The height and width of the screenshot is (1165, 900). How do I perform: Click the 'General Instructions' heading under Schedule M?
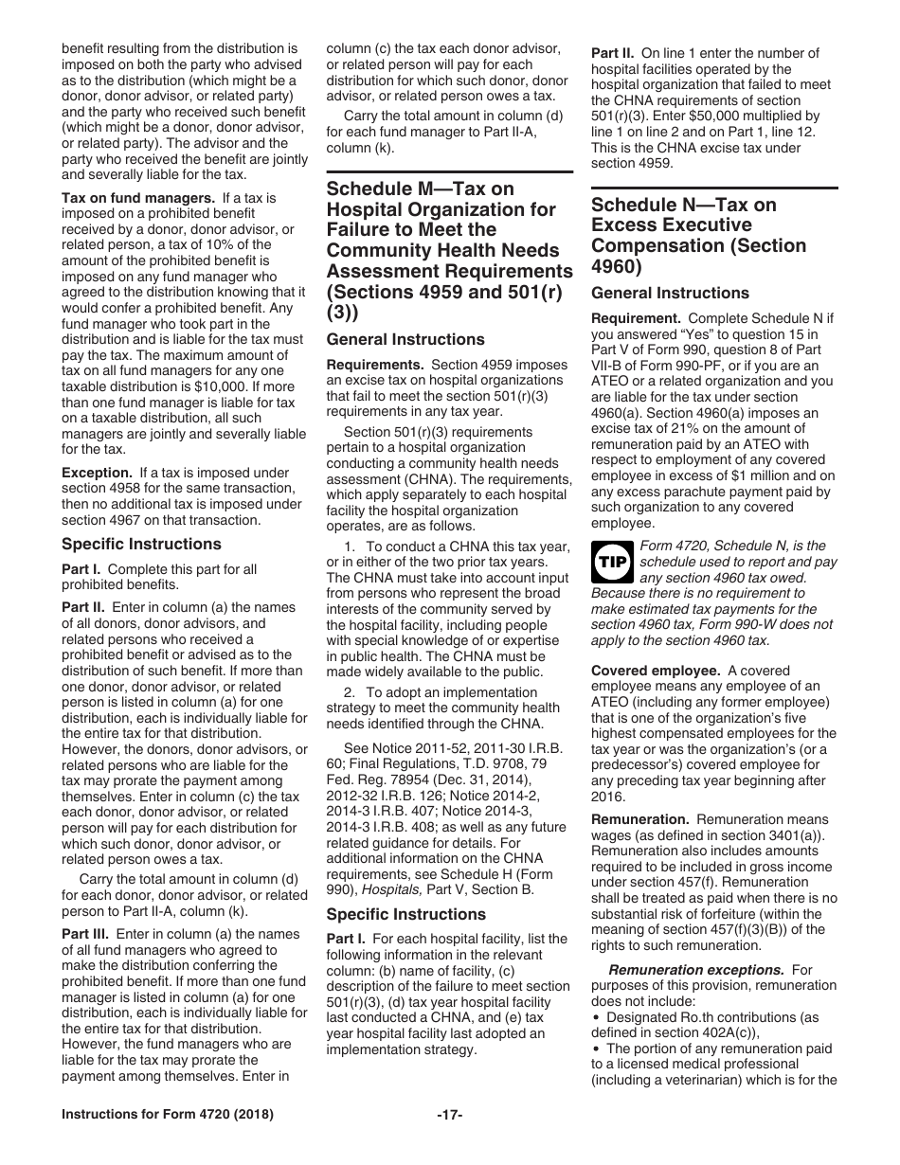(x=405, y=339)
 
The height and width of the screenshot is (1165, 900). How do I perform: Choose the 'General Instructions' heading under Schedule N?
(x=669, y=293)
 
